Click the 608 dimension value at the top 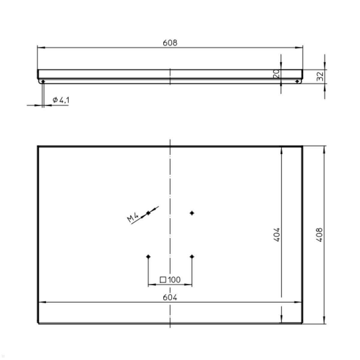pos(170,43)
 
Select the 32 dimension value pos(320,76)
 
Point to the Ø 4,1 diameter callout pos(61,100)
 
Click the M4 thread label pos(133,217)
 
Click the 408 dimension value pos(320,235)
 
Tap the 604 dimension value pos(170,298)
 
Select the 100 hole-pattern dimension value pos(174,280)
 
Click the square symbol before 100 pos(163,280)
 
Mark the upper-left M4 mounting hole pos(148,213)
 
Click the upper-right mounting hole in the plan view pos(192,213)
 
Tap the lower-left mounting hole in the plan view pos(148,256)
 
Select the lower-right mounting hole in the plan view pos(192,256)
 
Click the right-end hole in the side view pos(297,81)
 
